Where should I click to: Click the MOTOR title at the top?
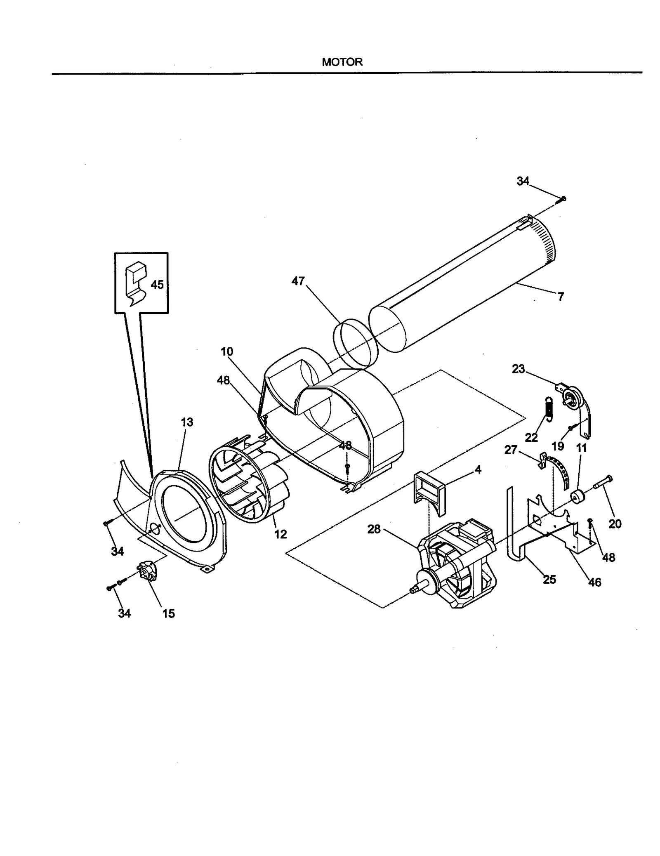[x=342, y=62]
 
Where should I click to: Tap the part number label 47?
[x=298, y=281]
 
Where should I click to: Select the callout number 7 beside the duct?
[x=561, y=297]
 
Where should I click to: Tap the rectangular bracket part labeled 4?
[x=430, y=493]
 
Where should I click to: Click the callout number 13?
[x=187, y=422]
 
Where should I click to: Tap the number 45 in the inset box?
[x=157, y=285]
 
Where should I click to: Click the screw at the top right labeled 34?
[x=563, y=199]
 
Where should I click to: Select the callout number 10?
[x=227, y=351]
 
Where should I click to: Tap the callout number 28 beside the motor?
[x=374, y=529]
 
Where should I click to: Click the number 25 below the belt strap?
[x=549, y=579]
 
